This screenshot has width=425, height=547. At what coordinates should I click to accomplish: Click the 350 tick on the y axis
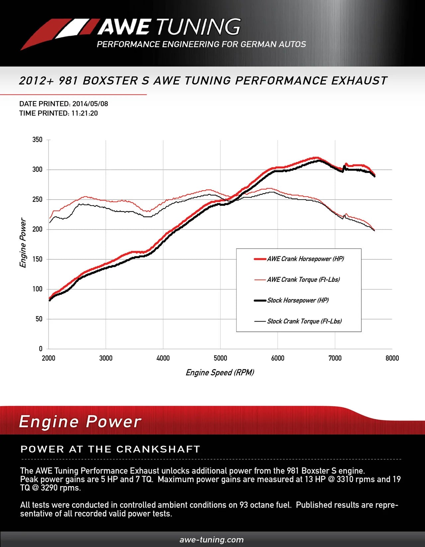pyautogui.click(x=37, y=140)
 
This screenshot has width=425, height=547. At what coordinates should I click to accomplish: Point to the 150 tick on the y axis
pyautogui.click(x=37, y=259)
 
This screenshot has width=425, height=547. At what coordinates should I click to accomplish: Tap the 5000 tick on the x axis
pyautogui.click(x=220, y=358)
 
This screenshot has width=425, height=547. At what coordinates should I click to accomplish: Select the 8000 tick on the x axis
pyautogui.click(x=392, y=358)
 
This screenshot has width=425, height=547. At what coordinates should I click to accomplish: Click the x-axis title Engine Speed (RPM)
pyautogui.click(x=220, y=373)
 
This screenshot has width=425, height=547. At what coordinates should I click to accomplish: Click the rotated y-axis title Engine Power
pyautogui.click(x=23, y=243)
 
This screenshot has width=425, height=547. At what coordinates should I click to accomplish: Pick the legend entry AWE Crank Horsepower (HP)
pyautogui.click(x=305, y=259)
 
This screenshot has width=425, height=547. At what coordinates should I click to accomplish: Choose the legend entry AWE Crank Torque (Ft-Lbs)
pyautogui.click(x=303, y=279)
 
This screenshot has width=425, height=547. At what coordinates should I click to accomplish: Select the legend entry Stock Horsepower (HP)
pyautogui.click(x=297, y=300)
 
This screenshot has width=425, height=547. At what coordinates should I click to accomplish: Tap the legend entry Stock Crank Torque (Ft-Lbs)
pyautogui.click(x=304, y=321)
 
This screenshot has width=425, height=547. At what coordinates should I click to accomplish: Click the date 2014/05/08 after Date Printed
pyautogui.click(x=90, y=104)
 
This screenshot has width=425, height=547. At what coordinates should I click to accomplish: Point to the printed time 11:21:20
pyautogui.click(x=84, y=113)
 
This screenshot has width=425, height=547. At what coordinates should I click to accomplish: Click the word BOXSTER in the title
pyautogui.click(x=110, y=81)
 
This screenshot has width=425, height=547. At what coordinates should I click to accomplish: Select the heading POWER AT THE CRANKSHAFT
pyautogui.click(x=110, y=449)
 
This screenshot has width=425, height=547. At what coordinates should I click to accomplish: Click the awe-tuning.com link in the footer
pyautogui.click(x=212, y=540)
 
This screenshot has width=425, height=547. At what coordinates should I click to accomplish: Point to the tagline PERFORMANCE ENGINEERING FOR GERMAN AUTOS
pyautogui.click(x=201, y=44)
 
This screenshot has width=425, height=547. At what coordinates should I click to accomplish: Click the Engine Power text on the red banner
pyautogui.click(x=80, y=422)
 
